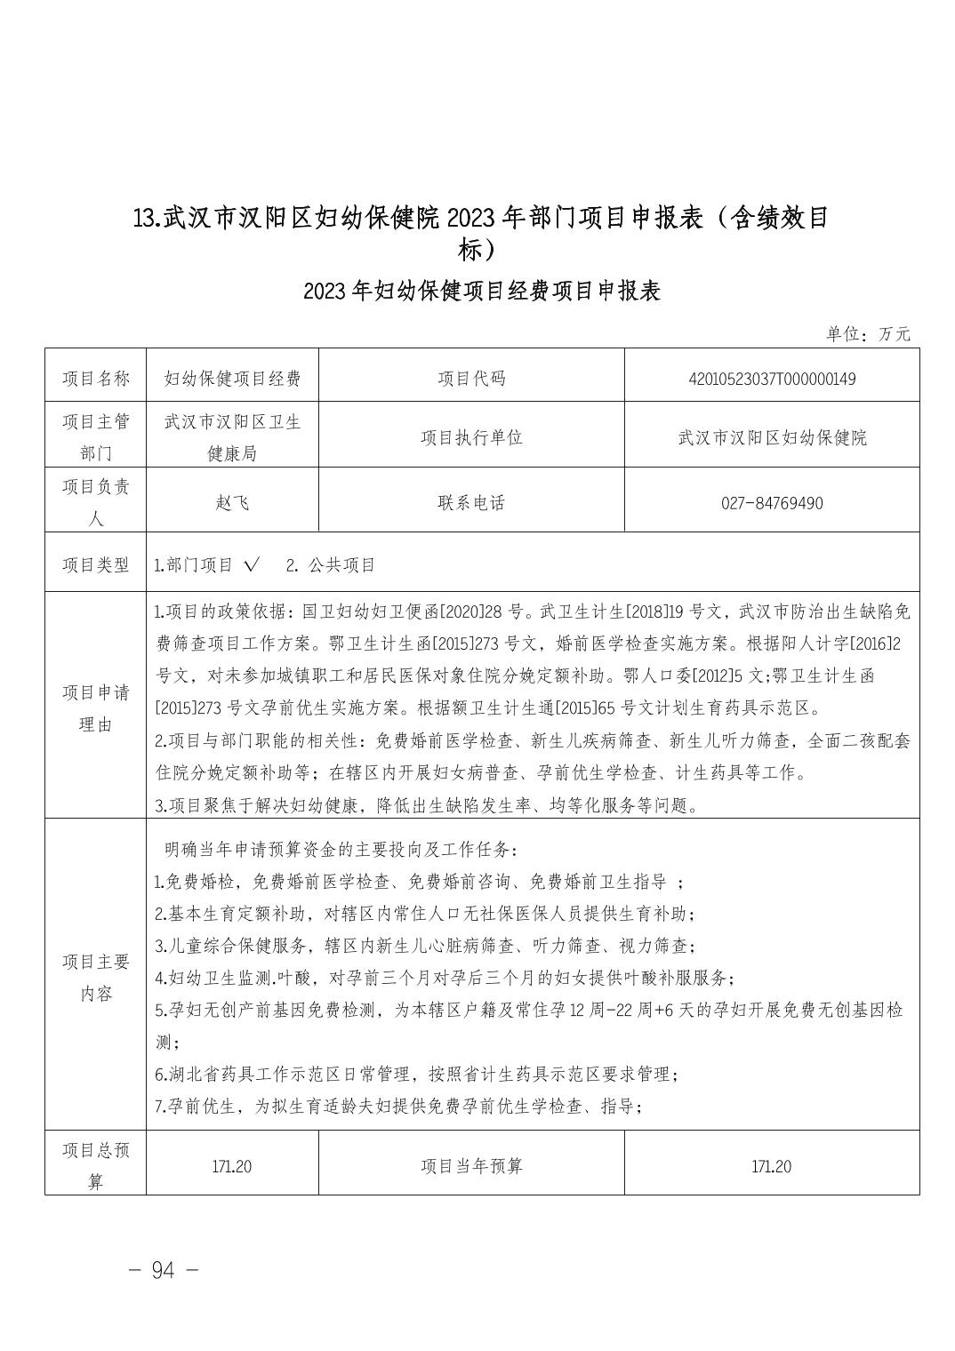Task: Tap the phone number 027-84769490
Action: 771,503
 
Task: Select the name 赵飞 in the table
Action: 232,503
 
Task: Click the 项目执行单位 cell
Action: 471,437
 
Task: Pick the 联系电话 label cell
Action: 471,503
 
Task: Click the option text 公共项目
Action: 342,565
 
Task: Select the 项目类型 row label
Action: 95,565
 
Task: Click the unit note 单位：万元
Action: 868,334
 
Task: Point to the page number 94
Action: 164,1270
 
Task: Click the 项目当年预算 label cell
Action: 471,1166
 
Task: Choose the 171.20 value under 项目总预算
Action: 232,1166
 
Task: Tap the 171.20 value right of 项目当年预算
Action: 771,1166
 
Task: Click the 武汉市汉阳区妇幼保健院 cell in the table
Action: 771,437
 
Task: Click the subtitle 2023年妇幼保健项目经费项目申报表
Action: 481,292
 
